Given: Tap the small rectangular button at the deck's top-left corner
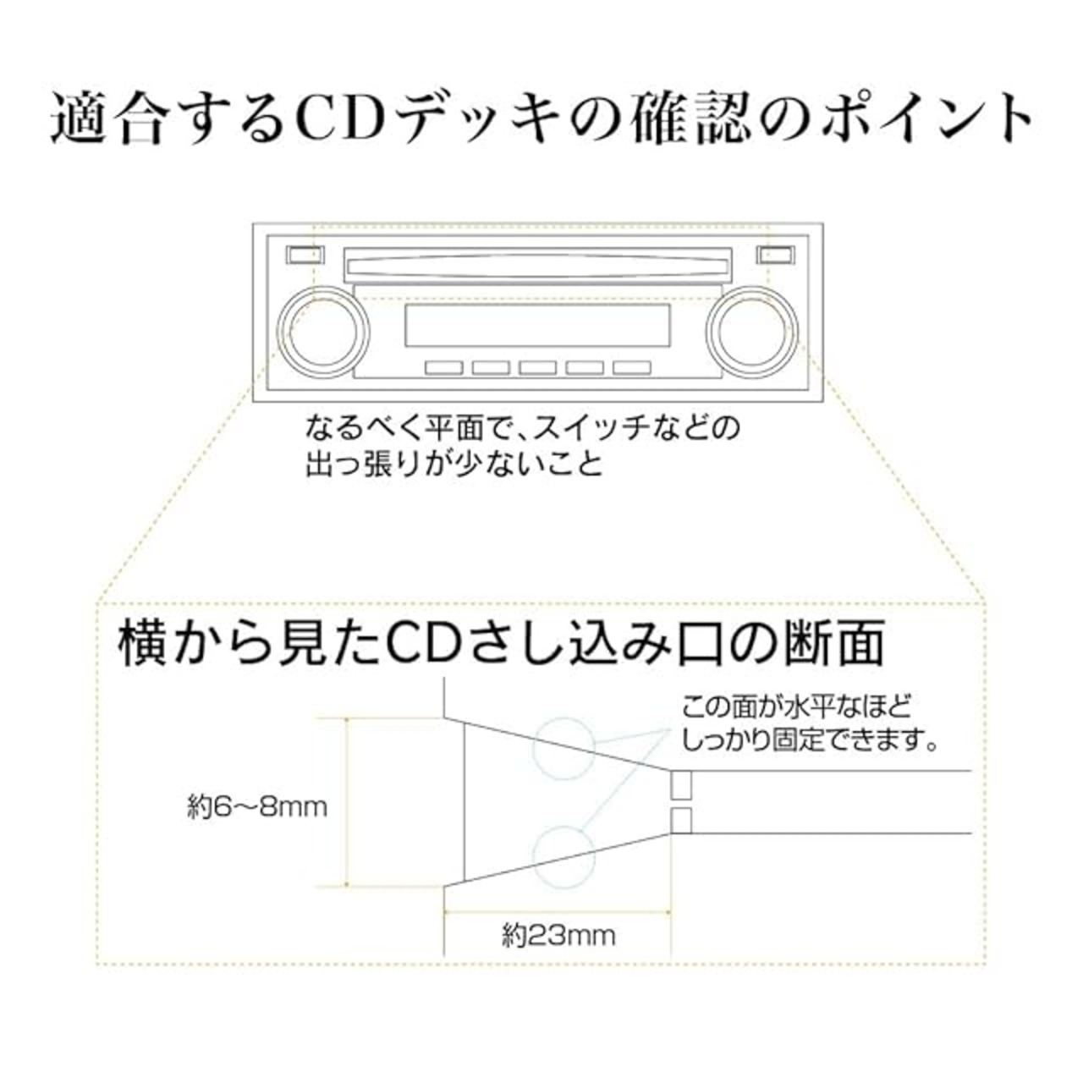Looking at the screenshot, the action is tap(305, 255).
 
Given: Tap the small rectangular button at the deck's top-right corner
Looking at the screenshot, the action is tap(775, 255).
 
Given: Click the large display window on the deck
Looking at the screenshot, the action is tap(538, 326).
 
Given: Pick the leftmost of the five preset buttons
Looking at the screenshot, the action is tap(444, 367).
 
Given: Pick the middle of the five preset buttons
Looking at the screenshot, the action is tap(538, 367).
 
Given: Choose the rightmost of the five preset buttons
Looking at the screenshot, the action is tap(632, 367).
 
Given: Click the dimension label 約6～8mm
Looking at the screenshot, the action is tap(257, 808).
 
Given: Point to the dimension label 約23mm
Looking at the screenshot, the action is tap(558, 936).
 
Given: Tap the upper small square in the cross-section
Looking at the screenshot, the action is tap(681, 784).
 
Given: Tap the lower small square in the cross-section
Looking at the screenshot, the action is tap(681, 821).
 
